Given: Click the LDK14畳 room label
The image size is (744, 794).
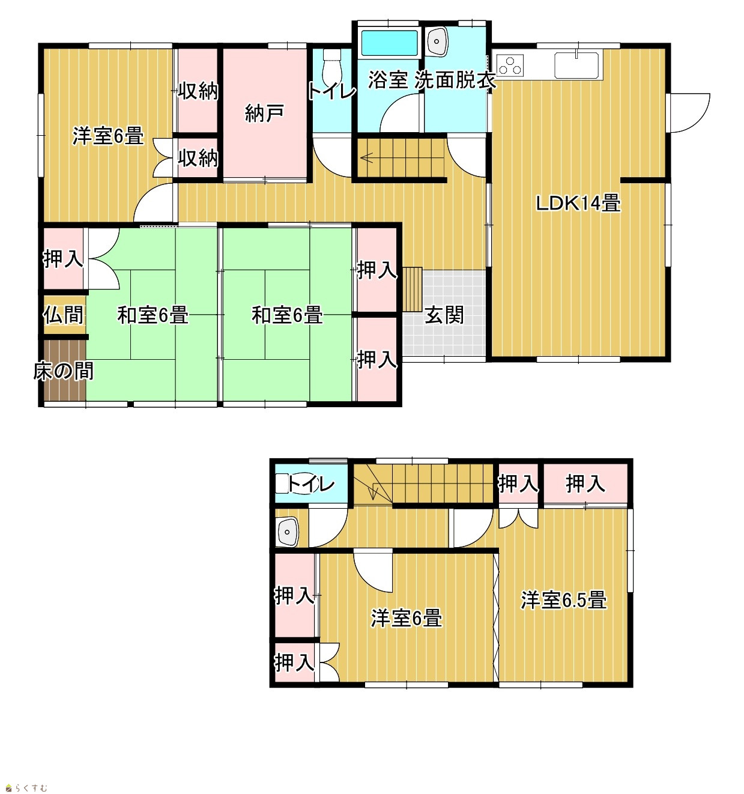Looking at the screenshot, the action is tap(578, 202).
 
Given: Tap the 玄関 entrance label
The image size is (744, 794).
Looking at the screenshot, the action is tap(444, 315).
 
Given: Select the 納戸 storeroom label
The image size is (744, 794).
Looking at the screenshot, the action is tap(264, 114).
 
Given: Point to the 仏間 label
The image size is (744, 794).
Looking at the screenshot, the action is tap(64, 315).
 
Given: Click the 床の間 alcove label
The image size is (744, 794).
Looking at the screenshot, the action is tap(63, 371).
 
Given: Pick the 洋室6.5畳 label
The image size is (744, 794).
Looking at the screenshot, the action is tap(564, 599).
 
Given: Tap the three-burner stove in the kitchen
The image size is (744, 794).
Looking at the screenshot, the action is tap(510, 65).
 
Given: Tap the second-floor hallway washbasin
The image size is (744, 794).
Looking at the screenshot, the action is tap(286, 532).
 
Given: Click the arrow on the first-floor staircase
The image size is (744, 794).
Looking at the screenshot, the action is tap(367, 158).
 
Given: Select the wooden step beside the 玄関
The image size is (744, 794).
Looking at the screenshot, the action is tap(412, 289).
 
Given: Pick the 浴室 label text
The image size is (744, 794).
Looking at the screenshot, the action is tap(388, 80).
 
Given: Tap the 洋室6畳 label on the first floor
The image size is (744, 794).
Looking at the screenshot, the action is tap(108, 136).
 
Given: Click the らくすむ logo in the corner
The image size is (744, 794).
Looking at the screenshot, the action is tap(27, 787).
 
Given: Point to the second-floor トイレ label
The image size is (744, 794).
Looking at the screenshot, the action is tap(311, 485).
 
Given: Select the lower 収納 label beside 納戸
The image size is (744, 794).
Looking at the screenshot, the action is tap(198, 158).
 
